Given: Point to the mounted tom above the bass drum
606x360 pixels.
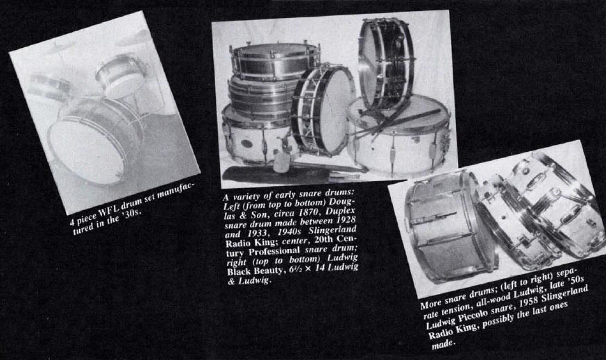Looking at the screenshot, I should coord(120,74).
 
